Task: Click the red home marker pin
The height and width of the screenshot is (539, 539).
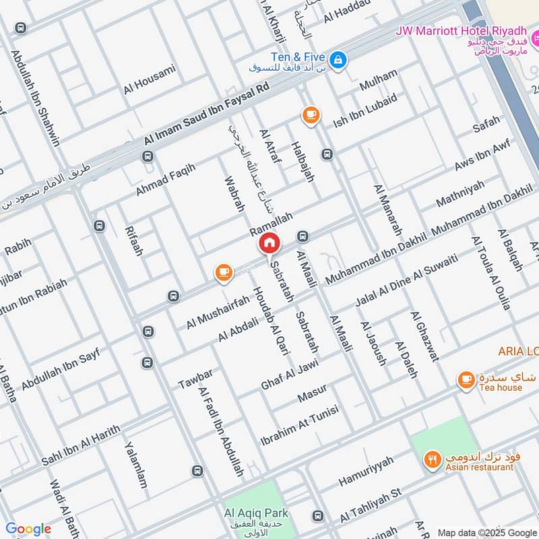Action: [269, 243]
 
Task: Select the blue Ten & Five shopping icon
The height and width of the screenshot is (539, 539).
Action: [338, 60]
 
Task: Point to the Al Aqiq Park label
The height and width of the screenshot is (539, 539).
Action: [250, 512]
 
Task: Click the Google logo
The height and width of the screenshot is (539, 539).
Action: [28, 529]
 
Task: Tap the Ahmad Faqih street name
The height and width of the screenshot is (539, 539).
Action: [165, 180]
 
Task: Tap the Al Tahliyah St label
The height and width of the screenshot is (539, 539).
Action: [371, 505]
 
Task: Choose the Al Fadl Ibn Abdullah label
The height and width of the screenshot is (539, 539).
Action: [220, 431]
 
